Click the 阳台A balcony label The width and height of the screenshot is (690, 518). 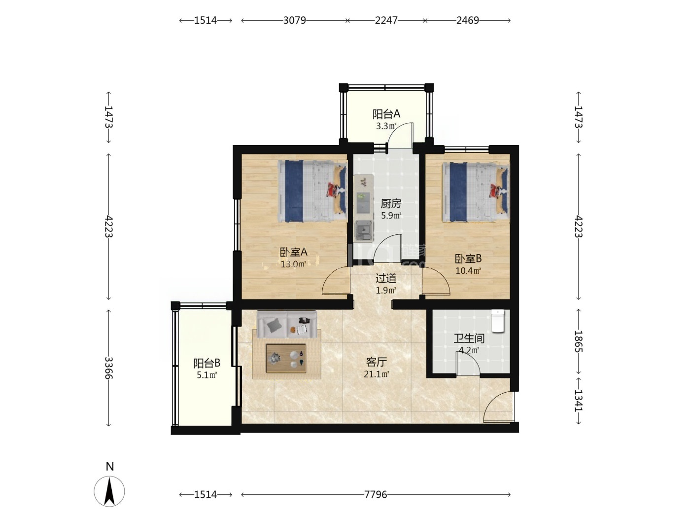(x=386, y=114)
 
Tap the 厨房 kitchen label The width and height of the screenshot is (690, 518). (x=391, y=204)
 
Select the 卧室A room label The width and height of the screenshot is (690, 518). (x=293, y=252)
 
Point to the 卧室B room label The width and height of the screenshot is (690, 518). (x=468, y=259)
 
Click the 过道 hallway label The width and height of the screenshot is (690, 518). (x=386, y=278)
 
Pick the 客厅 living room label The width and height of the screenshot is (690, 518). (x=376, y=362)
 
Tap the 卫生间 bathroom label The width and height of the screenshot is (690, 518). (x=469, y=338)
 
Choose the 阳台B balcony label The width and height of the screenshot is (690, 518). (x=207, y=363)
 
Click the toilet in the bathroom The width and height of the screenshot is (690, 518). (x=498, y=321)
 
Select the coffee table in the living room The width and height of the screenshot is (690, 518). (x=286, y=358)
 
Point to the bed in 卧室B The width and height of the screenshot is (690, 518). (x=475, y=192)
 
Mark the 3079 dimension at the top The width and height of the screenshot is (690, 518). (x=295, y=20)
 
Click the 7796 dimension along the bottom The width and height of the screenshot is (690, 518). (x=376, y=495)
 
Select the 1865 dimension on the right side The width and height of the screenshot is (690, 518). (x=579, y=341)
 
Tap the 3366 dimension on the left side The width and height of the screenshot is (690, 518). (x=109, y=368)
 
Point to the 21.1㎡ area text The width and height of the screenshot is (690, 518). (x=376, y=374)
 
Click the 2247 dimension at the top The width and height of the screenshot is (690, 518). (x=386, y=20)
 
